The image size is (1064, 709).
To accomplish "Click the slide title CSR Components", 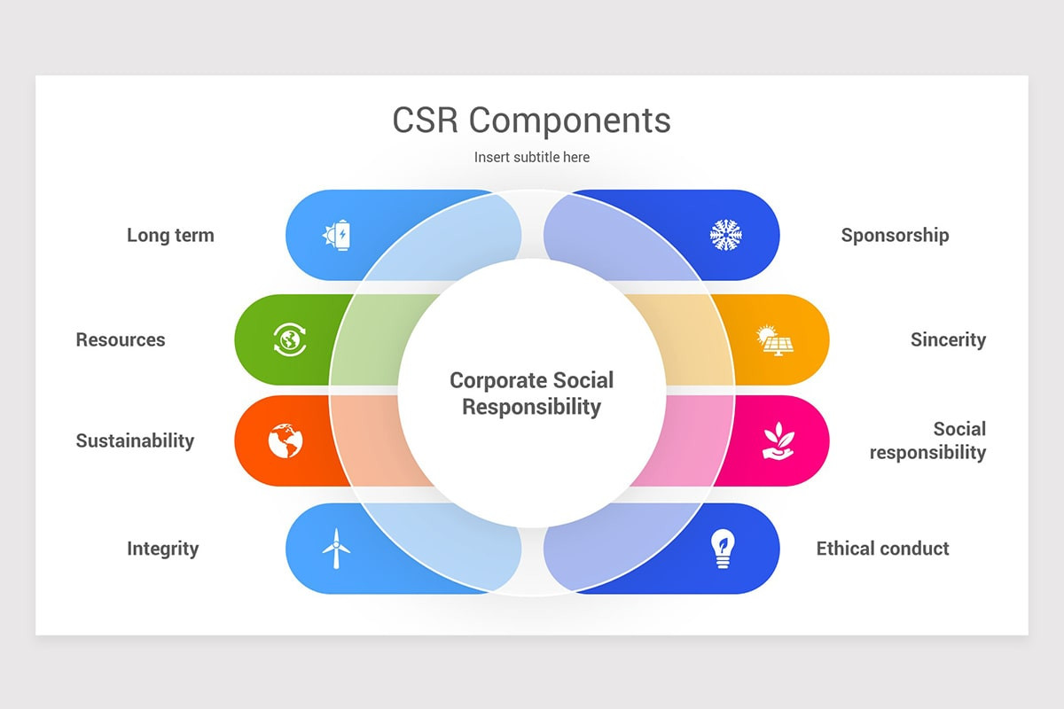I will pos(531,121).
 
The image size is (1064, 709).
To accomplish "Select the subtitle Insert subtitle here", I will pos(531,157).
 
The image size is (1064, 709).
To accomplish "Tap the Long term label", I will pos(170,236).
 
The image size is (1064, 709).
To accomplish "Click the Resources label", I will pos(121,339).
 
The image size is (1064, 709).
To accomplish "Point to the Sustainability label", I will pos(135,440).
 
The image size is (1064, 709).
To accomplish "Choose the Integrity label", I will pos(162,549).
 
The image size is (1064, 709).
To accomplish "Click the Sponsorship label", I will pos(895,236).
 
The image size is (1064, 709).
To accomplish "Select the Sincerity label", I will pos(948,339).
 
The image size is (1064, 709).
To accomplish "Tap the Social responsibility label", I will pos(928,440).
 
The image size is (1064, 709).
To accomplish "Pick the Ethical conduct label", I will pos(882,549).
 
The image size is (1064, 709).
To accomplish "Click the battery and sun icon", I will pos(337,236).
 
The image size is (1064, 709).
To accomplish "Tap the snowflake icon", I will pos(725,235).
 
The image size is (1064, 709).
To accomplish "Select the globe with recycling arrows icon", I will pos(289,339).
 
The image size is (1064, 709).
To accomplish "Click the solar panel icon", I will pos(774,339).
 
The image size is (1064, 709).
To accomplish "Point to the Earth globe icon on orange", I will pos(286,440).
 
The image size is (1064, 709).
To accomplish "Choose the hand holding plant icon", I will pos(778,440).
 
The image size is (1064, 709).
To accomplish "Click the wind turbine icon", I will pos(335,549).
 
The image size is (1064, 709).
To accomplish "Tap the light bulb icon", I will pos(724,549).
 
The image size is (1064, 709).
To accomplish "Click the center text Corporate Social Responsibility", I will pos(531,393).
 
